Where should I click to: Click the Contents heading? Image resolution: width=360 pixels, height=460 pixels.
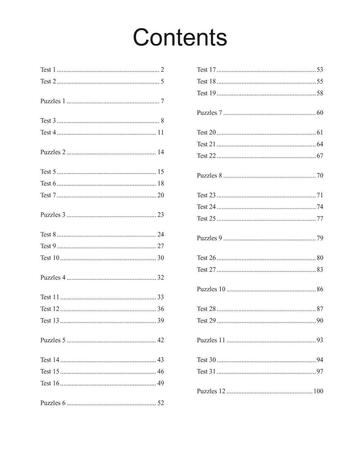point(180,37)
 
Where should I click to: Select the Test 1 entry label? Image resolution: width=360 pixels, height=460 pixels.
point(48,70)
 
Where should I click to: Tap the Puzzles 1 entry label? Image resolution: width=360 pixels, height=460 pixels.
point(53,101)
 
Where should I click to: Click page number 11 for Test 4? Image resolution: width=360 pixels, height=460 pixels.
point(161,133)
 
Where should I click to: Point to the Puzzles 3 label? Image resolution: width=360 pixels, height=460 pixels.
point(53,215)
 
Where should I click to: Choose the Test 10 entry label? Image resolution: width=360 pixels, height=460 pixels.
point(50,258)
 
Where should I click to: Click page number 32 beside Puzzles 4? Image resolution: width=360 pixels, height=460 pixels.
point(161,277)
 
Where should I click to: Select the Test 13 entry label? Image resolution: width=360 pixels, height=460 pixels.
point(50,321)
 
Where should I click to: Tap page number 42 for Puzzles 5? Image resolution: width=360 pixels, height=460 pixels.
point(161,340)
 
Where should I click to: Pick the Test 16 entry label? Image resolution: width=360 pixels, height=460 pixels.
point(50,383)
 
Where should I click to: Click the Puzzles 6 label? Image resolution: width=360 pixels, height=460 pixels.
point(53,403)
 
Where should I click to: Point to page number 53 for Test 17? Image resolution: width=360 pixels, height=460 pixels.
point(320,70)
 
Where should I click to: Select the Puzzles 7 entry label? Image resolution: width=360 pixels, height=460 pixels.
point(209,113)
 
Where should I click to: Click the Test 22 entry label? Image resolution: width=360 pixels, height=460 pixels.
point(206,156)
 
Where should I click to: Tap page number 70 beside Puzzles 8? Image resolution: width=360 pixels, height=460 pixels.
point(320,175)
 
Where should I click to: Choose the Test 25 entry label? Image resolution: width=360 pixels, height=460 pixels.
point(206,218)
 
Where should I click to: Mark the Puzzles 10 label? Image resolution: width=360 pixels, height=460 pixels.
point(211,289)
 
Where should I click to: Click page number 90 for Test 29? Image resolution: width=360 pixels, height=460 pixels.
point(320,321)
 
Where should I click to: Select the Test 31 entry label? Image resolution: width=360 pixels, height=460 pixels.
point(206,371)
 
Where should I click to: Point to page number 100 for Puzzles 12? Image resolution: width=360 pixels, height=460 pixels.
point(318,391)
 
